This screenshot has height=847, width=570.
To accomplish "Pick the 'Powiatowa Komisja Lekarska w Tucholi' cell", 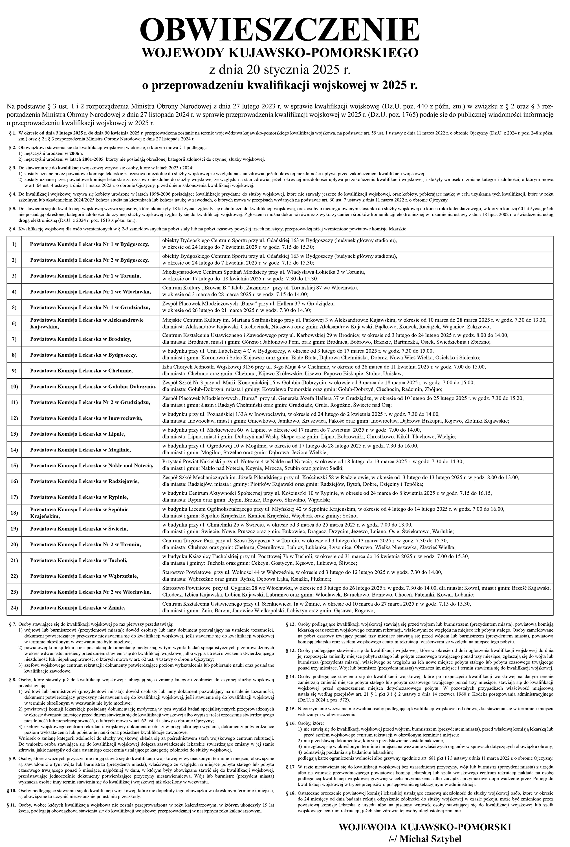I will pos(79,560).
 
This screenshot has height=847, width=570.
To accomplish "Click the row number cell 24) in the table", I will pos(14,608).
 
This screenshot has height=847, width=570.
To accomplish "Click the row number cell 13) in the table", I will pos(14,434).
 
